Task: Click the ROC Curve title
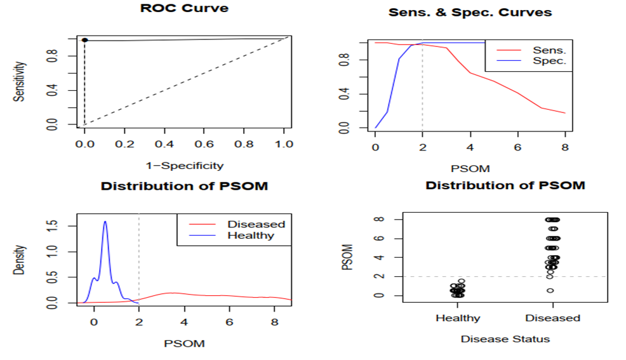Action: pyautogui.click(x=184, y=10)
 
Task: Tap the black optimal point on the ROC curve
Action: pyautogui.click(x=84, y=40)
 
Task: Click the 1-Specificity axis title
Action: pyautogui.click(x=184, y=166)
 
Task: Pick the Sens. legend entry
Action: pyautogui.click(x=545, y=50)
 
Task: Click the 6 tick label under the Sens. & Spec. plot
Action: pyautogui.click(x=517, y=147)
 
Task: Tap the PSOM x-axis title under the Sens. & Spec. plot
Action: pyautogui.click(x=470, y=169)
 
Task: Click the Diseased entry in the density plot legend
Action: pyautogui.click(x=256, y=224)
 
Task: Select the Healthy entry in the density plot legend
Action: pyautogui.click(x=250, y=236)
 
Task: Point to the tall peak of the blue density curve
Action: pyautogui.click(x=105, y=222)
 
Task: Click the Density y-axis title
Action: pyautogui.click(x=20, y=260)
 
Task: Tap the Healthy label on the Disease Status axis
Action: pyautogui.click(x=458, y=318)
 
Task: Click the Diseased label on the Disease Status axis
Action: pyautogui.click(x=552, y=318)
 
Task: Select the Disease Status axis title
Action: pyautogui.click(x=505, y=339)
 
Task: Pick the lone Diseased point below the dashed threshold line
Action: pyautogui.click(x=550, y=290)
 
